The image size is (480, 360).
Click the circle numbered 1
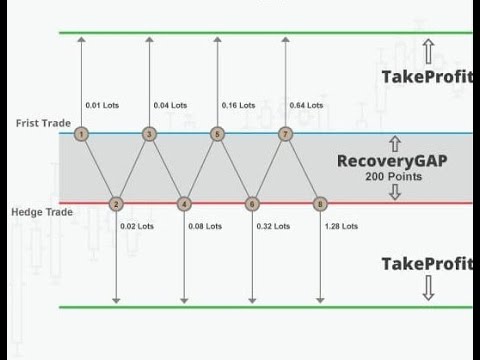[x=81, y=133]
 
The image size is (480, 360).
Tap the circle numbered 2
[x=115, y=204]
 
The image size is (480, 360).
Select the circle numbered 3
[x=149, y=133]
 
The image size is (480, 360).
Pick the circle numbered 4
[x=184, y=204]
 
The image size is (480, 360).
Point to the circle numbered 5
[x=218, y=133]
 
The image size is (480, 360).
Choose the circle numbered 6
[x=252, y=204]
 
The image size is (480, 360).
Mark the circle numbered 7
[x=286, y=133]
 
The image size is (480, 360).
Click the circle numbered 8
[x=320, y=204]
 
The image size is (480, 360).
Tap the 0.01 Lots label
[x=106, y=104]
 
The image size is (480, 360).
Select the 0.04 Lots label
[x=173, y=104]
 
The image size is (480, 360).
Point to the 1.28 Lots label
[x=343, y=226]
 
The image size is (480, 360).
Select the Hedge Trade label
[x=38, y=212]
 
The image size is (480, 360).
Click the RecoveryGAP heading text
[x=393, y=160]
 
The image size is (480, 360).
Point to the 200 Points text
[x=393, y=177]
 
